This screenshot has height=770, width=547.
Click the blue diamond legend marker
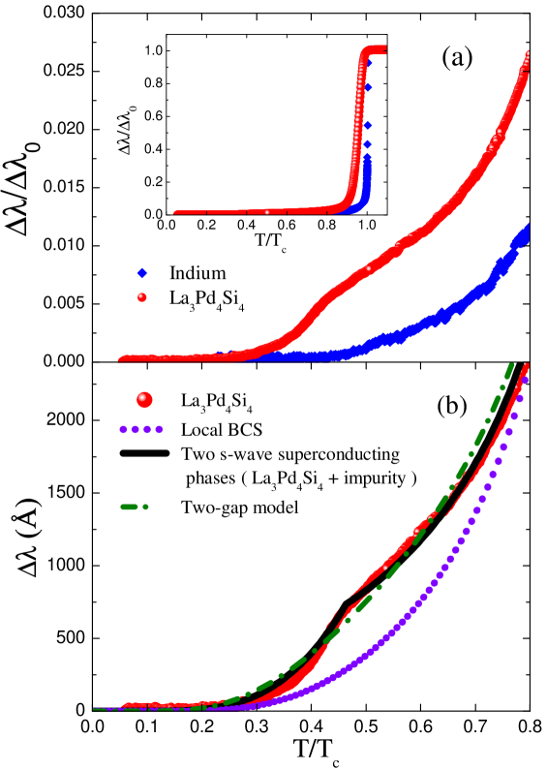point(142,273)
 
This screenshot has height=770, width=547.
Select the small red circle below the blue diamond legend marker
point(142,297)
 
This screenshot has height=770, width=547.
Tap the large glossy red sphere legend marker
point(144,399)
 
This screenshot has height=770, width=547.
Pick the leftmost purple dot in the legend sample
point(123,429)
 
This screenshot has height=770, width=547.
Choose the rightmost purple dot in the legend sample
point(159,429)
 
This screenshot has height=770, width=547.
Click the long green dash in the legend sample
point(129,507)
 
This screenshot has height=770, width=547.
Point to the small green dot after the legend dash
point(145,507)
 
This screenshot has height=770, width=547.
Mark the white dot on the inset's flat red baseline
point(267,211)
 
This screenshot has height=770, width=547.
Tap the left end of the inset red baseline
point(176,211)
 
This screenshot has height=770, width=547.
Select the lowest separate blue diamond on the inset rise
point(367,144)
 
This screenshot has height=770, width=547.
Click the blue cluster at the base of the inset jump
point(360,204)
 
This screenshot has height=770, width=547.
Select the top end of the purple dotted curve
point(524,381)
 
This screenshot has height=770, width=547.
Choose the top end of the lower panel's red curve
point(526,366)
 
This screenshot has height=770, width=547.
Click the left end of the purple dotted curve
point(96,709)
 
